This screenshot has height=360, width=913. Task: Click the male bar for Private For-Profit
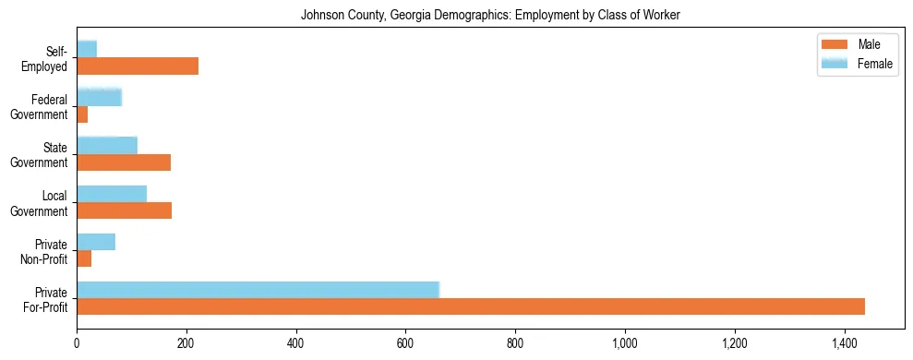(x=471, y=306)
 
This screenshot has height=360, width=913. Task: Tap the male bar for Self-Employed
(x=138, y=66)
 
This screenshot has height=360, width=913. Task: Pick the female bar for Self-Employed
(x=87, y=49)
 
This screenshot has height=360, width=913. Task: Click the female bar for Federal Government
(x=100, y=97)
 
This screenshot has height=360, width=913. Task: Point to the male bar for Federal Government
(x=82, y=114)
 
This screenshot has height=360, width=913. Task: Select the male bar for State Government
(x=124, y=162)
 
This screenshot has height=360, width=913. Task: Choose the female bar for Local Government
(x=112, y=194)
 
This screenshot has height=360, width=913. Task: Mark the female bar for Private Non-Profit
(x=96, y=242)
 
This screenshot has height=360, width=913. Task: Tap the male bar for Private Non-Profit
(x=84, y=259)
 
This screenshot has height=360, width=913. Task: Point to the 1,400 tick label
(x=845, y=344)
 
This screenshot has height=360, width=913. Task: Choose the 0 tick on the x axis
(x=77, y=344)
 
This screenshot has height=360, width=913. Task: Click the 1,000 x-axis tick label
(x=625, y=344)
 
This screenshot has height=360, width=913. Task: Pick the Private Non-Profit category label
(x=47, y=251)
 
